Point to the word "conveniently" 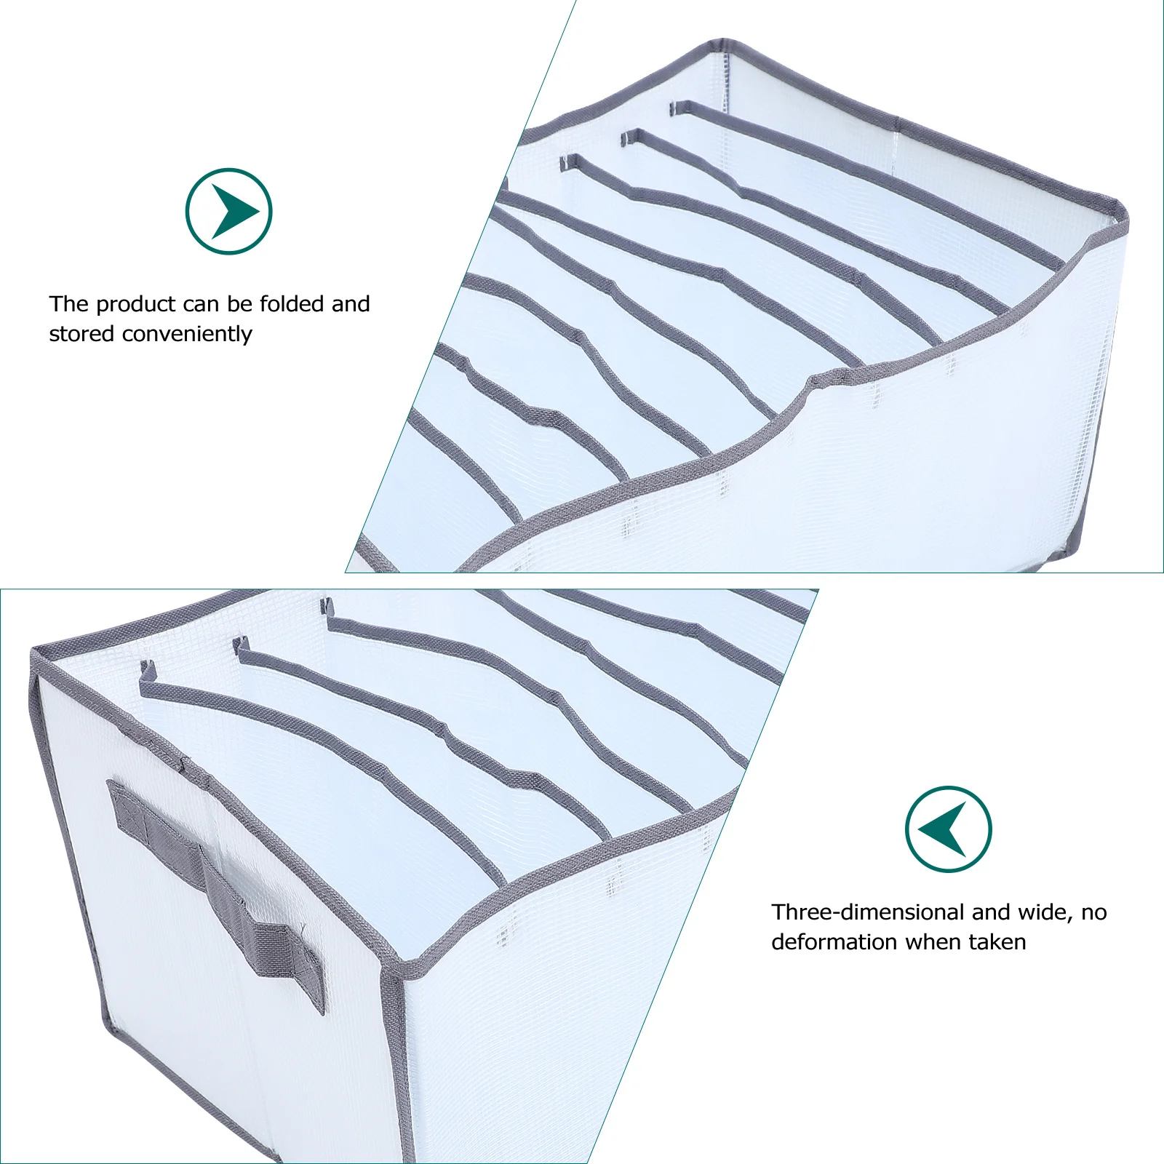[187, 334]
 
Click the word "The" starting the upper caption [69, 303]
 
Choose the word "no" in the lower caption [1093, 912]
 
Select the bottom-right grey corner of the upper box [1078, 549]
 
